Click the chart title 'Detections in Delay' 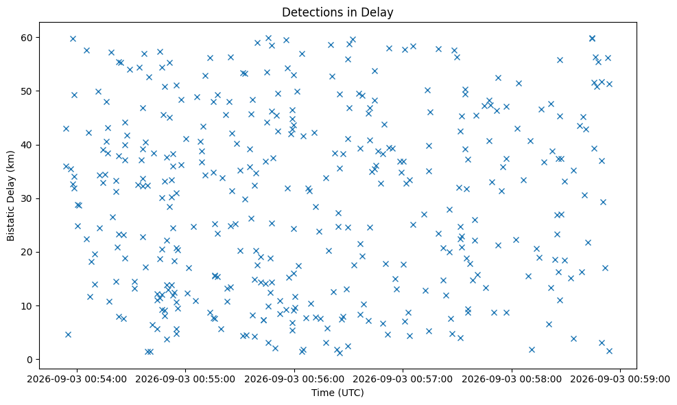click(337, 12)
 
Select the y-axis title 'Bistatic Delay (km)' click(11, 196)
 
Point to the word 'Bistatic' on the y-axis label click(11, 224)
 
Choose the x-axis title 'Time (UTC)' click(337, 393)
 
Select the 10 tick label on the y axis click(28, 306)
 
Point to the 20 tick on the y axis click(28, 252)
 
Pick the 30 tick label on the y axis click(28, 198)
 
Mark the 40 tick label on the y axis click(28, 145)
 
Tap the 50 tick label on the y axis click(28, 91)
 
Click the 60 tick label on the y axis click(28, 38)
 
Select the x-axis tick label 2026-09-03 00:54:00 click(78, 380)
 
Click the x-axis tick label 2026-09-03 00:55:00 click(186, 380)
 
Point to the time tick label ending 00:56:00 click(294, 380)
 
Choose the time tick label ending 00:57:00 click(403, 380)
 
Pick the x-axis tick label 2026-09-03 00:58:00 click(512, 380)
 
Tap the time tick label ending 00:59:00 click(621, 380)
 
